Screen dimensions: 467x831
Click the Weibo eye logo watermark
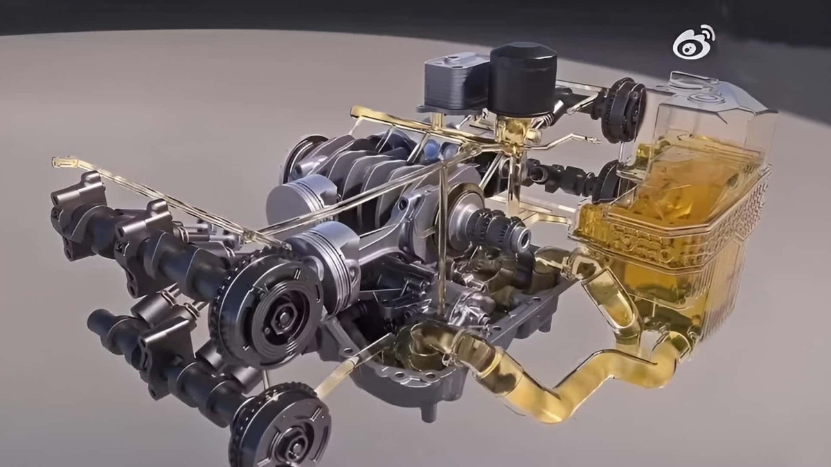point(693,42)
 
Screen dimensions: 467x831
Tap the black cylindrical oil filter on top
point(523,80)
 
